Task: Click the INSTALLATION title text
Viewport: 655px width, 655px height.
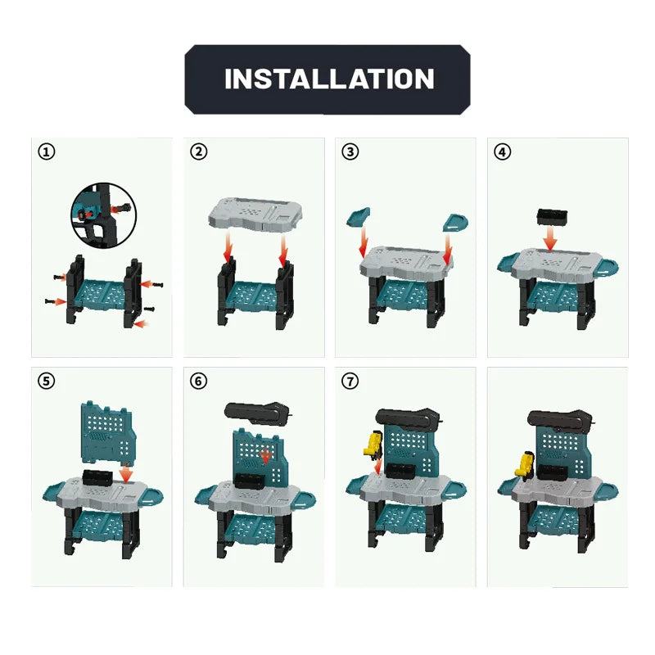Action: pos(329,79)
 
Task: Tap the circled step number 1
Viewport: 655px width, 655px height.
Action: pos(47,151)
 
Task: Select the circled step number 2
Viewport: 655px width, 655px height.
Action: pos(198,151)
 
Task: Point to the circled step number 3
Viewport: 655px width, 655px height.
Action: pos(350,151)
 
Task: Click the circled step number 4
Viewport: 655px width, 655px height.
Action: pos(502,151)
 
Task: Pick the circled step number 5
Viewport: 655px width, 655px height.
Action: pos(47,381)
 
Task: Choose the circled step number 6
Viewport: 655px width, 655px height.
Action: pos(198,381)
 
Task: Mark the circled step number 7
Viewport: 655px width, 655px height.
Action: pos(350,381)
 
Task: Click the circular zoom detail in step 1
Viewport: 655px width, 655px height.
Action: pos(104,215)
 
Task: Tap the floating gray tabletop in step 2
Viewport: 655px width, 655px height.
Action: pos(255,215)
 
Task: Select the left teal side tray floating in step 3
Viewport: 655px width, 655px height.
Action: pos(358,217)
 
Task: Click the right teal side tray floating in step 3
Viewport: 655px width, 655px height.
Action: pos(455,222)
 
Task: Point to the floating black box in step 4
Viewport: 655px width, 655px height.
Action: pos(552,217)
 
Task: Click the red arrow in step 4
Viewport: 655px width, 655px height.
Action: pos(551,239)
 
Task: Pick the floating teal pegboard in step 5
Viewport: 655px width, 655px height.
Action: pos(109,433)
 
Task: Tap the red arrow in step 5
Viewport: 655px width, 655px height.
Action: pos(125,474)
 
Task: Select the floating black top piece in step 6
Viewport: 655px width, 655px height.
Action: pos(256,413)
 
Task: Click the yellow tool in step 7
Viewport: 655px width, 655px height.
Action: pos(373,445)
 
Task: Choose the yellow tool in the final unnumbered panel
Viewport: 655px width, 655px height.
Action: pos(524,463)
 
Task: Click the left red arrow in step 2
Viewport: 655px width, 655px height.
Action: pos(228,246)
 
